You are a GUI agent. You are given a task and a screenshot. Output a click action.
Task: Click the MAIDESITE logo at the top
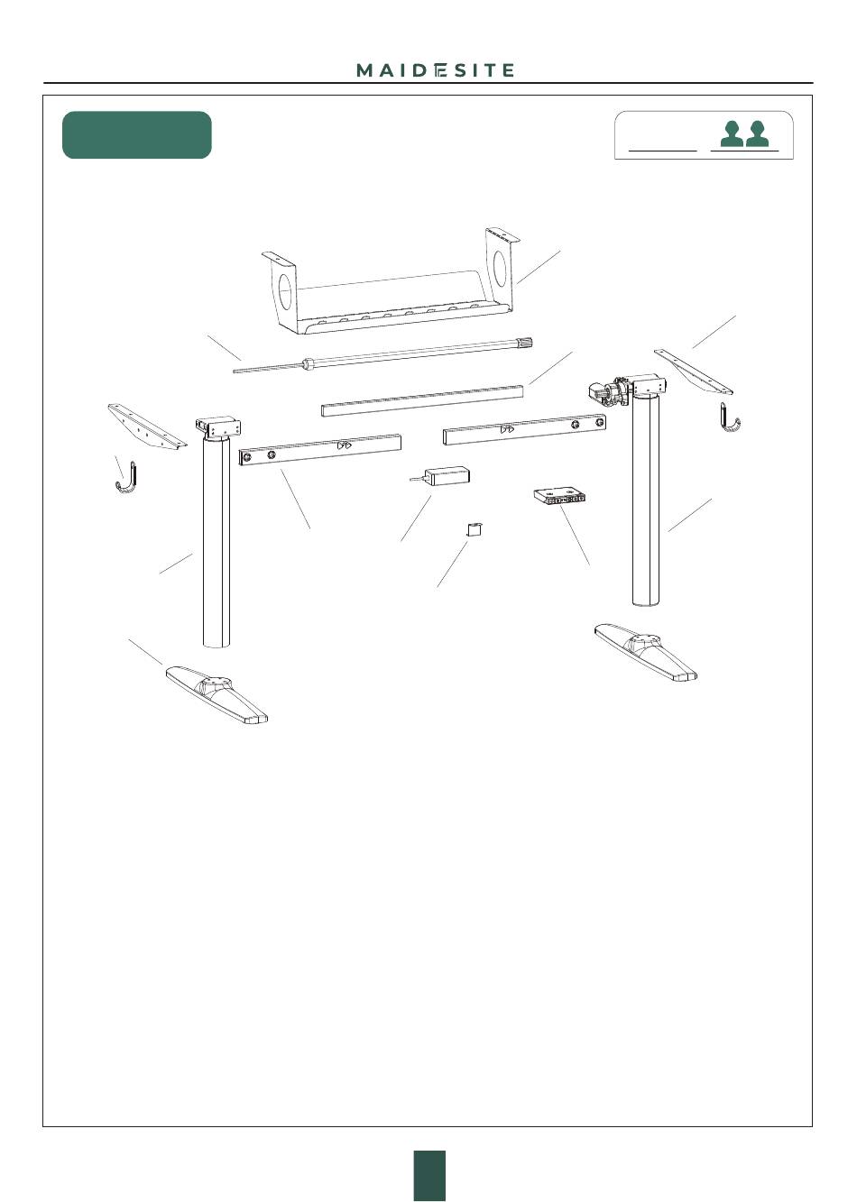tap(435, 70)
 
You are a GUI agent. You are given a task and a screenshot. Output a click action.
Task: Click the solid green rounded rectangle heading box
tap(137, 134)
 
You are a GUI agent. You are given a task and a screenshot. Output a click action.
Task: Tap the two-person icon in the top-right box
tap(744, 133)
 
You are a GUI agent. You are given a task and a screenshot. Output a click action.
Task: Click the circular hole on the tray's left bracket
tap(285, 292)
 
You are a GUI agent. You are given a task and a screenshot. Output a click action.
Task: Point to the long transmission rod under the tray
tap(382, 354)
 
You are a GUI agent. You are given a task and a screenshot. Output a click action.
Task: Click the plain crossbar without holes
tap(422, 399)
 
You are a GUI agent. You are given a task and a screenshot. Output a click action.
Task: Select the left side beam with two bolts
tap(320, 450)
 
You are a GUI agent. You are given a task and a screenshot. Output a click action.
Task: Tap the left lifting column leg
tap(217, 537)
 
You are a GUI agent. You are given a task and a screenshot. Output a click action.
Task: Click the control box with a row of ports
tap(559, 496)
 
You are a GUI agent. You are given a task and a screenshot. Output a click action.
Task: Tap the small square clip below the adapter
tap(473, 529)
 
